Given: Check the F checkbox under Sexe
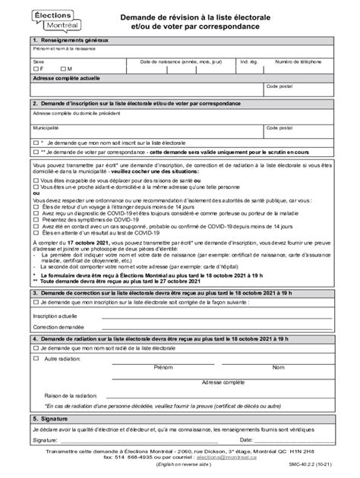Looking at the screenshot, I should pos(35,69).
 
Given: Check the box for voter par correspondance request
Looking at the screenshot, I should pos(35,152).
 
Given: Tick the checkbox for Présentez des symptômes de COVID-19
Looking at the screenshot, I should pos(35,219).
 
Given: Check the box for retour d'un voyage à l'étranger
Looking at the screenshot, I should pos(35,207).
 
